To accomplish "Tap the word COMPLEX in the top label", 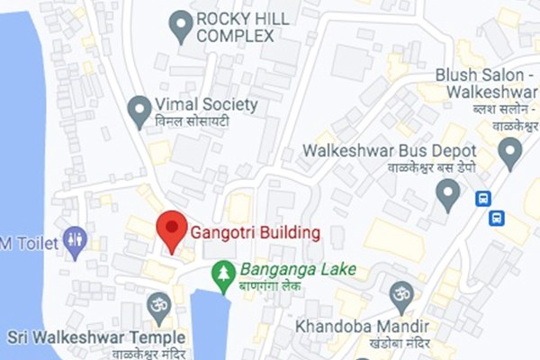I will click(x=235, y=36).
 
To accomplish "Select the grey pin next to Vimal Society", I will click(x=139, y=112).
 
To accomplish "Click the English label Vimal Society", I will click(x=207, y=104).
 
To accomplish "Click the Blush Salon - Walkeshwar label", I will click(x=487, y=83).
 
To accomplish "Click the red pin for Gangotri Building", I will click(x=171, y=230).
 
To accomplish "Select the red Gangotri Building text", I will click(x=255, y=234).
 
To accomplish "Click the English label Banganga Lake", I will click(x=297, y=269).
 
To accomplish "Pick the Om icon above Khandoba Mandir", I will click(x=401, y=293).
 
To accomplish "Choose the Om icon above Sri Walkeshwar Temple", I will click(x=159, y=303).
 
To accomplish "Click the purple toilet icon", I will click(x=75, y=240).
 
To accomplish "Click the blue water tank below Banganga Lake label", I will click(x=210, y=324).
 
